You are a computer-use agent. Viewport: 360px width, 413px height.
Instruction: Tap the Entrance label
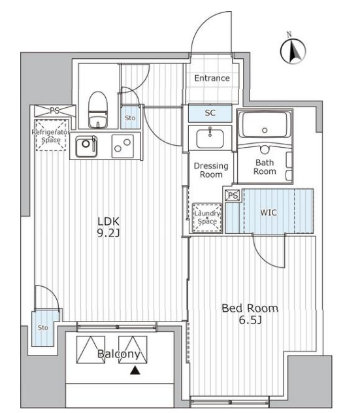coord(212,78)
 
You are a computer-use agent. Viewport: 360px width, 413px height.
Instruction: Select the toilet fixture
coord(98,110)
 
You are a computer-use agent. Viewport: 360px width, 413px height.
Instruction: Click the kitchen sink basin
coord(86,146)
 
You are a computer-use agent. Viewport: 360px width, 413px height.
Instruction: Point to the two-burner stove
coord(122,146)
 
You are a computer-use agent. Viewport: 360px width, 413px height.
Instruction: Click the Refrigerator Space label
coord(50,136)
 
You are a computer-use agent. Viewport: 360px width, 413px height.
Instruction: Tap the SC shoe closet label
coord(210,113)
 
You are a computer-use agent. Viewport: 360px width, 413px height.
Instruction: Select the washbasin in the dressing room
coord(210,138)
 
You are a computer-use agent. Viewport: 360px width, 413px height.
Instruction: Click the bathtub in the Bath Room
coord(265,125)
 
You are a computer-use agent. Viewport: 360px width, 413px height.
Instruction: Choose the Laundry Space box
coord(207,218)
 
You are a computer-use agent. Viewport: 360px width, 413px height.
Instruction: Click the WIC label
coord(269,212)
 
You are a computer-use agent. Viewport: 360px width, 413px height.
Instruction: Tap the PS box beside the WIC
coord(233,195)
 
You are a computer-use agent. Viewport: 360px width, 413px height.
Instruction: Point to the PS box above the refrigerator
coord(55,110)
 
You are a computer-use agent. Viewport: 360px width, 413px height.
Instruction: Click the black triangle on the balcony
coord(135,371)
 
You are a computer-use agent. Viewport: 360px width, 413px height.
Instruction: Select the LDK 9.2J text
coord(108,227)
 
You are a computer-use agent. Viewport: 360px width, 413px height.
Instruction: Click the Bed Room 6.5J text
coord(250,314)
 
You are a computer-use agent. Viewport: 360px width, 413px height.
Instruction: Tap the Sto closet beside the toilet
coord(130,118)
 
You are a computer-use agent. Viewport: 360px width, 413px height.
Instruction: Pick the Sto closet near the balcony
coord(43,328)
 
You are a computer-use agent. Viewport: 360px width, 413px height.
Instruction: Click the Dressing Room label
coord(211,170)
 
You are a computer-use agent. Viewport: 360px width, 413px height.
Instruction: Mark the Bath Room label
coord(265,167)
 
